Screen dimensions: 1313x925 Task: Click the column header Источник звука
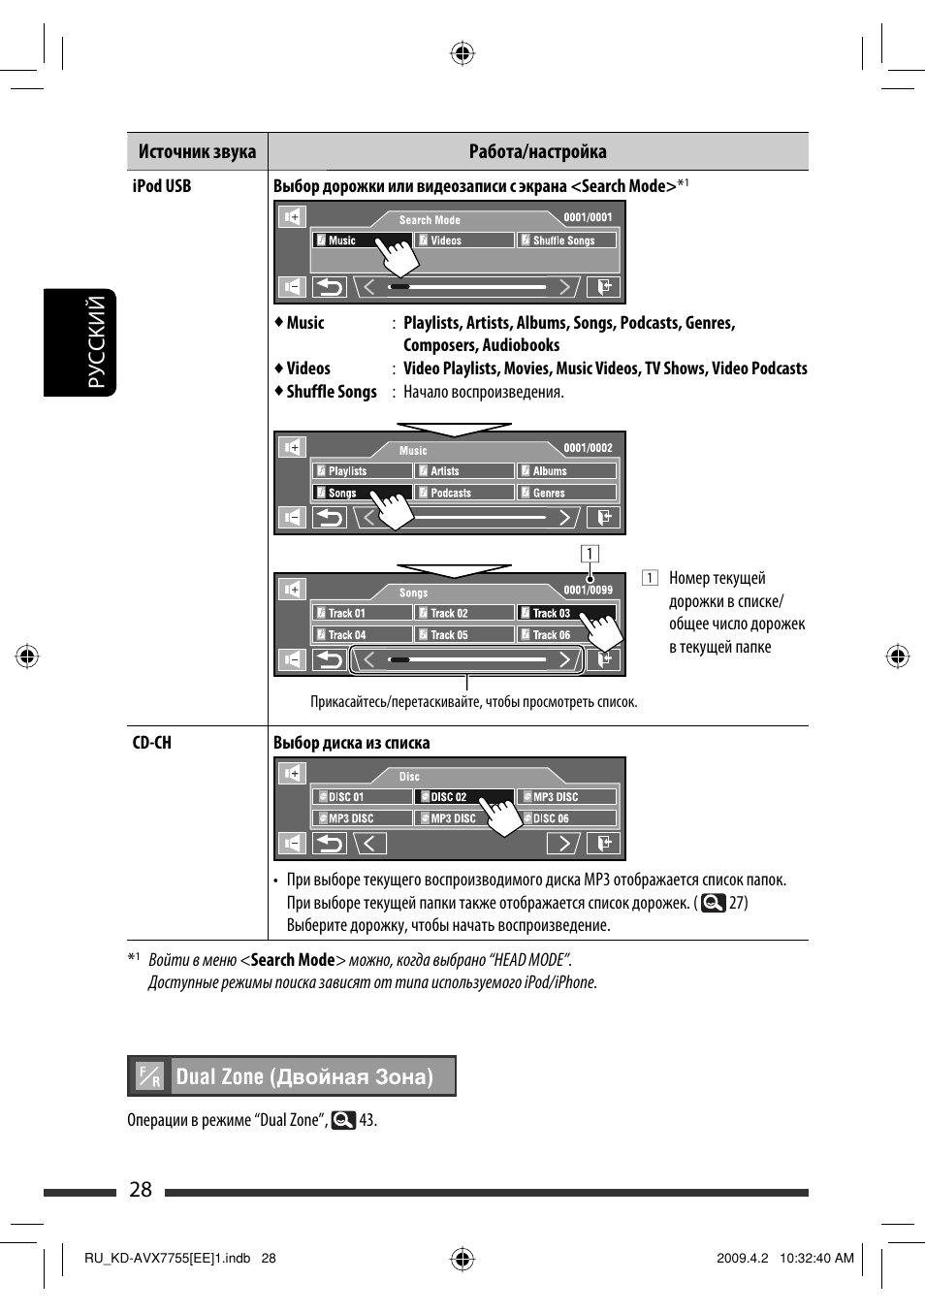coord(197,151)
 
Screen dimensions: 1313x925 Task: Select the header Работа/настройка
coord(537,151)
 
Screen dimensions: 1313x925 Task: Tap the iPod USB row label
coord(162,186)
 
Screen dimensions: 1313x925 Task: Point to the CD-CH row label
coord(152,743)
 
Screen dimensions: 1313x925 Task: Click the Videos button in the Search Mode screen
coord(464,240)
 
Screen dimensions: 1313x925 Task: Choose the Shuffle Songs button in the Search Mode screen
coord(567,240)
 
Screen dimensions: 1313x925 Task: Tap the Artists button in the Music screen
coord(464,471)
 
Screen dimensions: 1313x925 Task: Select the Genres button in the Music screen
coord(567,493)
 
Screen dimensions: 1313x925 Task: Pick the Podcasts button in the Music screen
coord(464,493)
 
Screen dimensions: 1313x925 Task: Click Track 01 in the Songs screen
coord(362,613)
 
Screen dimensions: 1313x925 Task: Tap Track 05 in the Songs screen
coord(464,635)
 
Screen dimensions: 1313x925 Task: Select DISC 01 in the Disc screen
coord(362,797)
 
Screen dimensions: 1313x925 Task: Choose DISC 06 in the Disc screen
coord(567,818)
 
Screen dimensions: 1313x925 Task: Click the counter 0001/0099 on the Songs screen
coord(589,591)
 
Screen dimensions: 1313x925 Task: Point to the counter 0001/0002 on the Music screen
coord(589,448)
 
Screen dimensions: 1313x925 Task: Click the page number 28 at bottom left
coord(141,1190)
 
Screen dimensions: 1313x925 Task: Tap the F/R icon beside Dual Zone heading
coord(150,1076)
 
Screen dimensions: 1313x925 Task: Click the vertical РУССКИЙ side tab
coord(96,342)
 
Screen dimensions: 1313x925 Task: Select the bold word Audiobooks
coord(521,345)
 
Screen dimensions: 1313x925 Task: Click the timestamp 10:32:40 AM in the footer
coord(816,1259)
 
